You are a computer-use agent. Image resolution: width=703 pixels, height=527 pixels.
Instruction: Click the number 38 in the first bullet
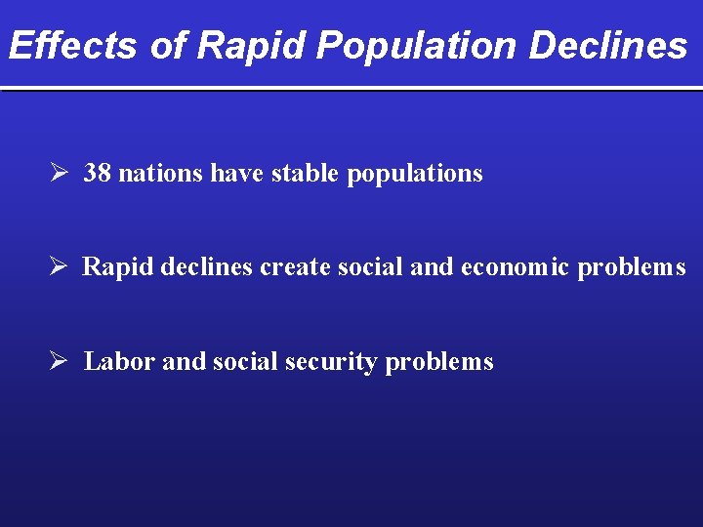pyautogui.click(x=97, y=174)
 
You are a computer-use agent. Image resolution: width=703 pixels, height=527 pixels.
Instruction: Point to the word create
pyautogui.click(x=296, y=267)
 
